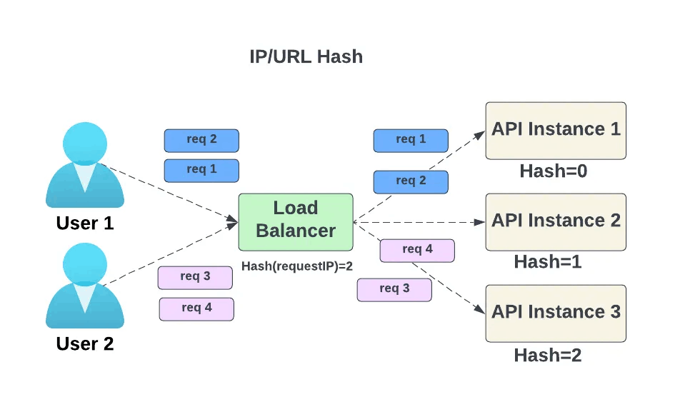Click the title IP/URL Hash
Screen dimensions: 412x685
point(306,57)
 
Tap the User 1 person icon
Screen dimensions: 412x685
point(84,165)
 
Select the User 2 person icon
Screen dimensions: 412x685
point(84,285)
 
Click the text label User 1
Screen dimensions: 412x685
point(84,223)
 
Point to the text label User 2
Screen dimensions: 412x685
point(84,344)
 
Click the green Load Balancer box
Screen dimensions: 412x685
point(296,221)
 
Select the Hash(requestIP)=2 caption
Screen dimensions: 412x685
point(297,266)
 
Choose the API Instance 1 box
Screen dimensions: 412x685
point(555,130)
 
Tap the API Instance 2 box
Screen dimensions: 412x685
point(555,221)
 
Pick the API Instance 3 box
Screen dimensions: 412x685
point(555,313)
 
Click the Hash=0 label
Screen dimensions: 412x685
point(553,171)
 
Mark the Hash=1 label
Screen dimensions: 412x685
point(547,262)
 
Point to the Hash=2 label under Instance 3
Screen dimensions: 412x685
point(547,355)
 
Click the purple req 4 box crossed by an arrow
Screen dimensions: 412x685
point(416,250)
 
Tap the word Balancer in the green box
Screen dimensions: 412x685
point(296,231)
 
